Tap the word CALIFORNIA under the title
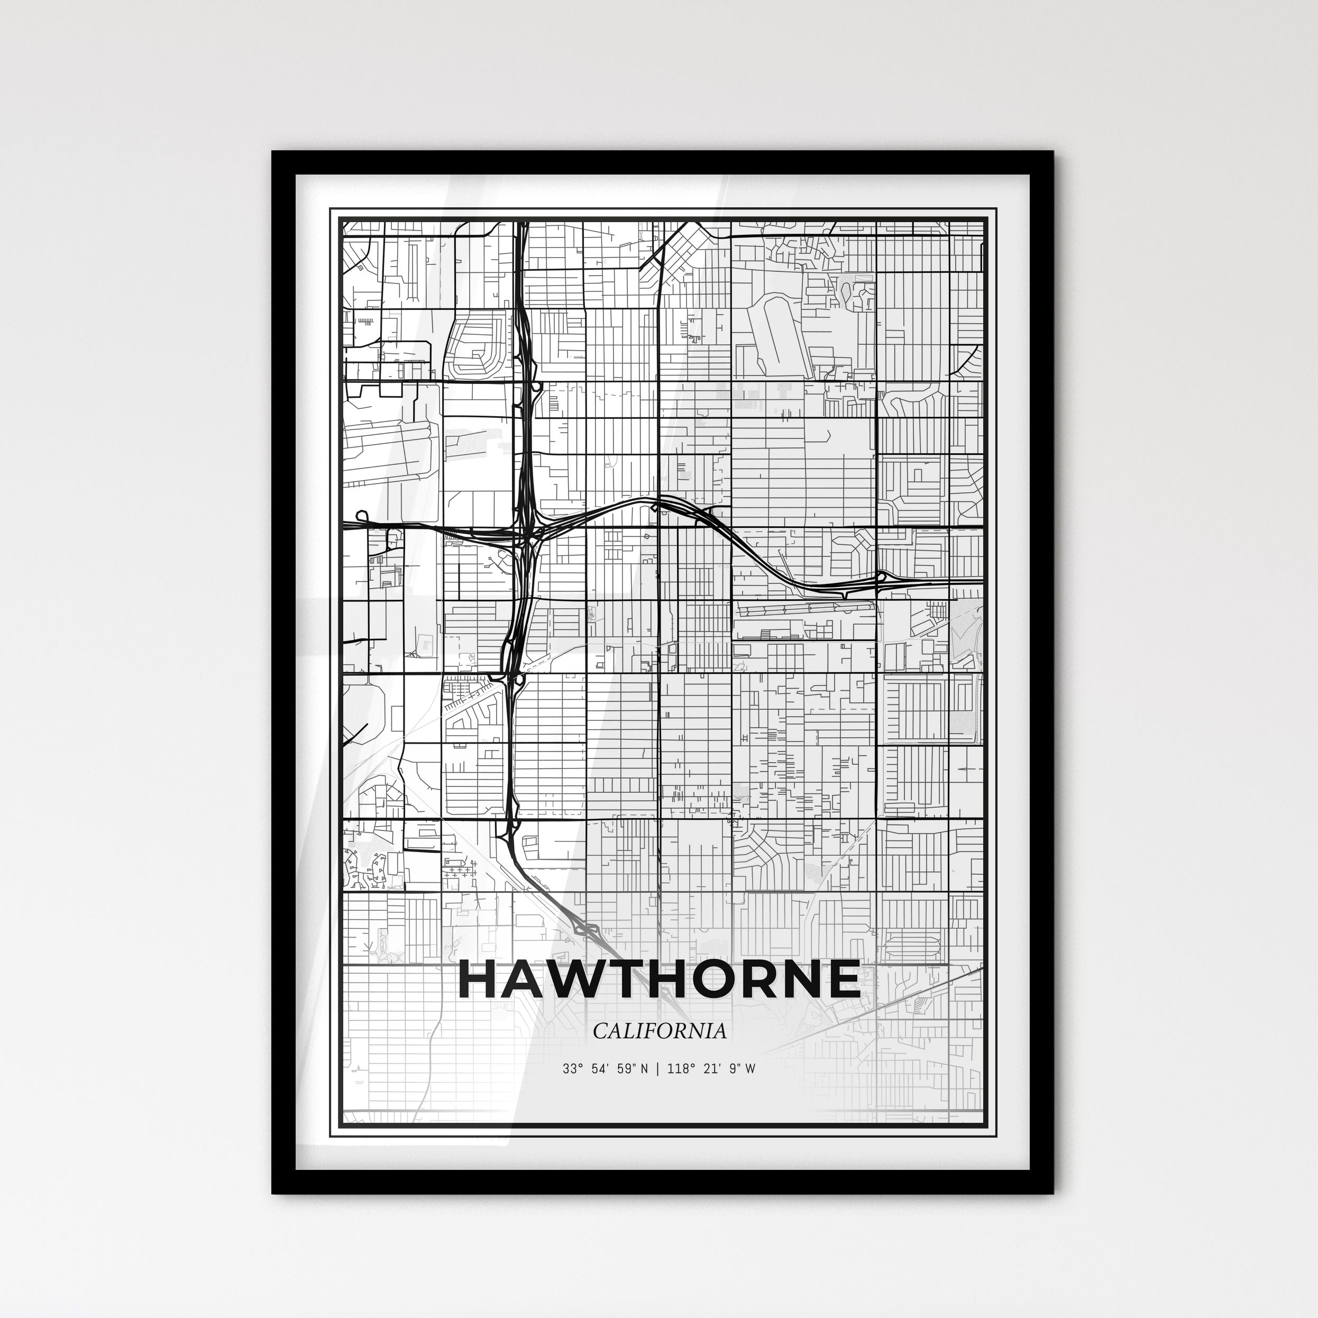(x=659, y=1031)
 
